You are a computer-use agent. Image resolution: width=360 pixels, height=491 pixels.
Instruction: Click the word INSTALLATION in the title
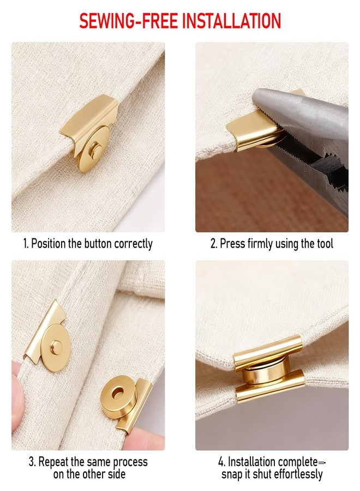click(x=231, y=21)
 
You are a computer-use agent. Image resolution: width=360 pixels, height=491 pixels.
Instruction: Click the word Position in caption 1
click(x=49, y=243)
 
